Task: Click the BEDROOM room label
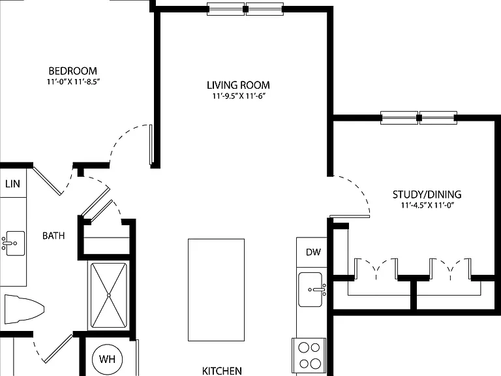[72, 70]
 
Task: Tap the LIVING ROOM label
[238, 85]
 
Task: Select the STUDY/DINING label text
[427, 195]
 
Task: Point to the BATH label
[53, 236]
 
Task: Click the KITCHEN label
[222, 371]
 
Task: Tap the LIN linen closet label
[13, 184]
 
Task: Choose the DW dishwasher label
[313, 252]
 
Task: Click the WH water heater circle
[108, 360]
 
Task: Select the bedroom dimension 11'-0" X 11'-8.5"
[74, 82]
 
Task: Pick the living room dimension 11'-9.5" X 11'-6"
[239, 96]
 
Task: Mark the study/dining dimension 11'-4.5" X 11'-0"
[427, 205]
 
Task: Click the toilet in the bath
[24, 309]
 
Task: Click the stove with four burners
[309, 356]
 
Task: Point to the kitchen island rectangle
[217, 290]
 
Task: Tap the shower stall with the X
[109, 295]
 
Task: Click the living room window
[245, 9]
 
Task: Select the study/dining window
[419, 117]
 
